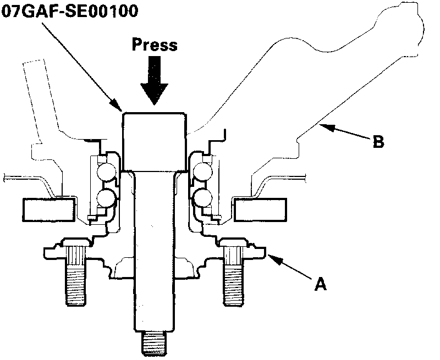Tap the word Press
[155, 45]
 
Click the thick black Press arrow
[155, 80]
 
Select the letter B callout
[378, 142]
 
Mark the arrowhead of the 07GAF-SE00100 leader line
[117, 105]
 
